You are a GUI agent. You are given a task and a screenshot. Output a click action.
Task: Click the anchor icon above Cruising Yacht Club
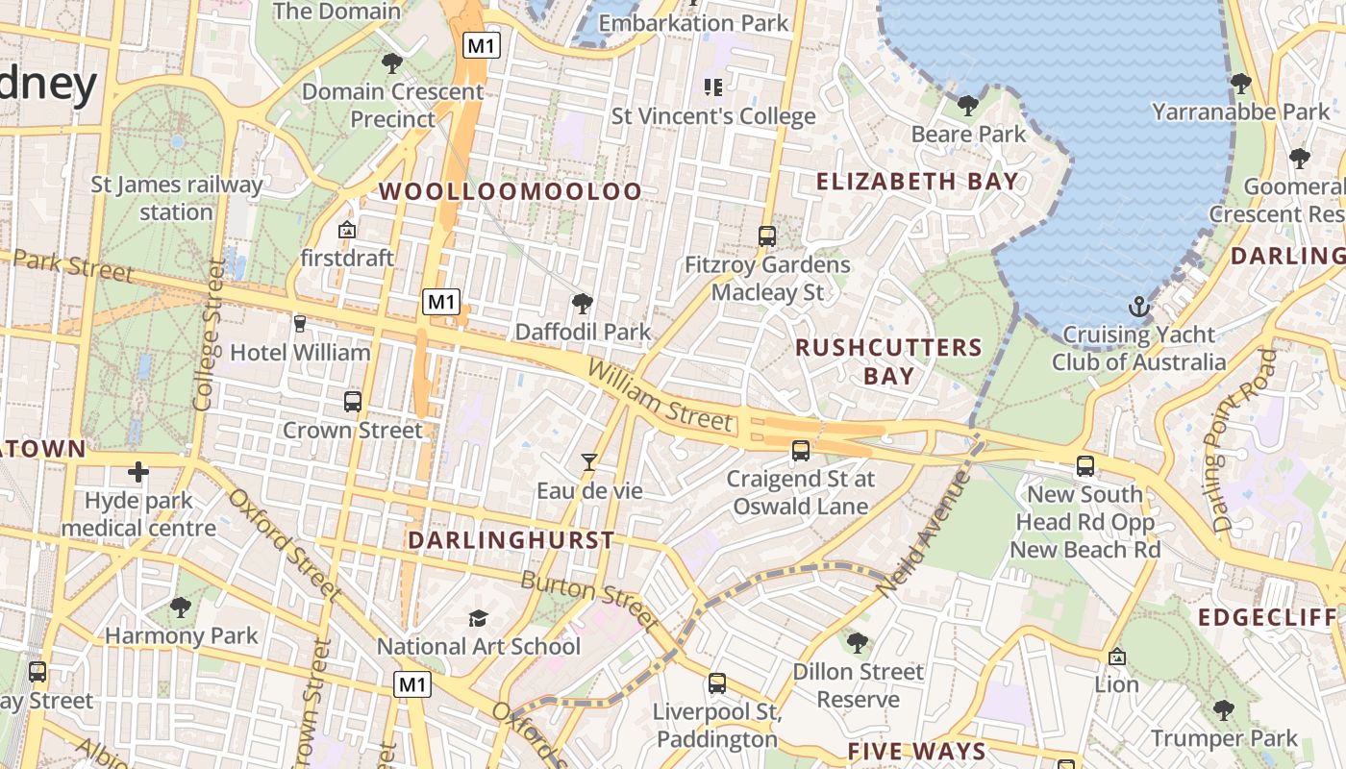click(x=1139, y=308)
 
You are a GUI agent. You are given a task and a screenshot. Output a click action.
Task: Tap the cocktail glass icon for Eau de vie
click(x=588, y=462)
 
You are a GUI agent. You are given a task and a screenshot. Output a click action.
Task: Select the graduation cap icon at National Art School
click(x=478, y=618)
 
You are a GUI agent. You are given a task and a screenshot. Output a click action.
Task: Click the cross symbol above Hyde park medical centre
click(x=138, y=472)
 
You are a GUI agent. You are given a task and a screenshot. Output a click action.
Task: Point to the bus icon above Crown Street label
click(x=353, y=402)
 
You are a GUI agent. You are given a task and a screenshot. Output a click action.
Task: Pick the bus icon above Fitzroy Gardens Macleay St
click(x=766, y=236)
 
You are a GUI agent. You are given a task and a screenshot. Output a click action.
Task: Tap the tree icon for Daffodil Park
click(x=582, y=305)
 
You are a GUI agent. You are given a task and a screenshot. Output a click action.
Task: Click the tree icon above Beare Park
click(x=968, y=106)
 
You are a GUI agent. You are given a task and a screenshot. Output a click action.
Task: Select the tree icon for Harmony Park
click(x=180, y=607)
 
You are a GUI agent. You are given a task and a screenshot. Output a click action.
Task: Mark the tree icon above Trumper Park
click(x=1224, y=710)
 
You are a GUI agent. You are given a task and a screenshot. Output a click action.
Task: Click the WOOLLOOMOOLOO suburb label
click(x=510, y=191)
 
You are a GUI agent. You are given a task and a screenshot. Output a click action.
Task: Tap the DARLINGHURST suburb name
click(x=511, y=540)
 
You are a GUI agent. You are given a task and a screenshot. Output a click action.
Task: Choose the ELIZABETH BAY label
click(x=916, y=181)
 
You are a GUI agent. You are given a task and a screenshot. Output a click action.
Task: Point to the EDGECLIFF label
click(x=1267, y=617)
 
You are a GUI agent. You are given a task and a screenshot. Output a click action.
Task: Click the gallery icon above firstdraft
click(x=347, y=230)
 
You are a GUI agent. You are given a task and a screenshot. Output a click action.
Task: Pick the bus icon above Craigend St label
click(x=800, y=450)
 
